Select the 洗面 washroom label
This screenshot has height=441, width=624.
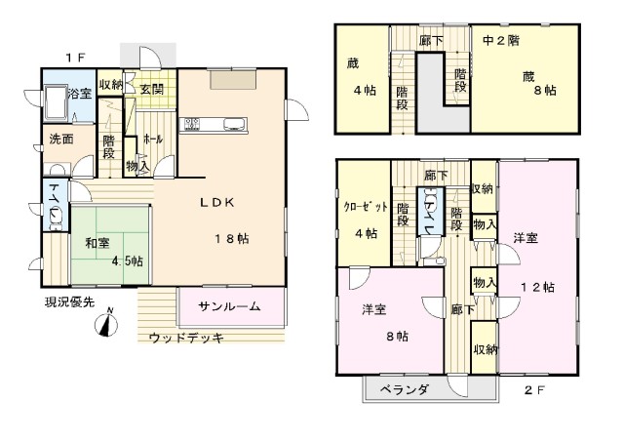(61, 139)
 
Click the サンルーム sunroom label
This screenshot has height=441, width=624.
(229, 306)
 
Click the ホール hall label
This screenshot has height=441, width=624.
(152, 139)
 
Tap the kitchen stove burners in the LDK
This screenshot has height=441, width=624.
(192, 124)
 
